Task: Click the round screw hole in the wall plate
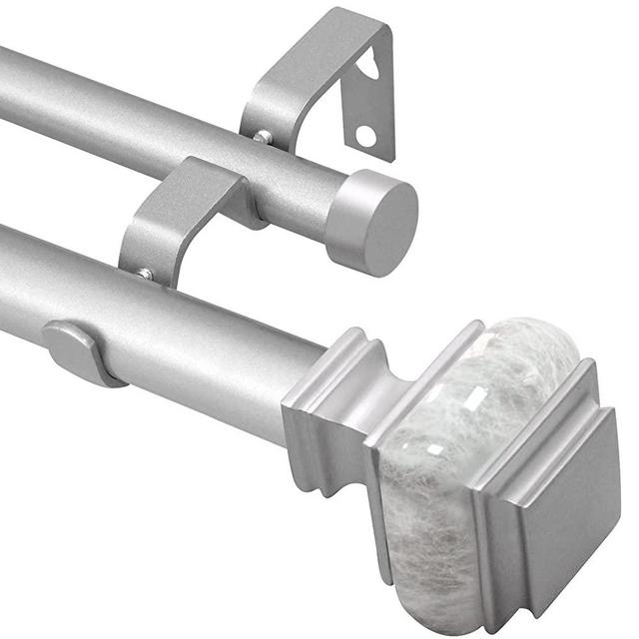(366, 135)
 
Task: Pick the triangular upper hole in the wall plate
(370, 68)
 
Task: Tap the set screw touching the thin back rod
(262, 137)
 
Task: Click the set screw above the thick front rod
(146, 273)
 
